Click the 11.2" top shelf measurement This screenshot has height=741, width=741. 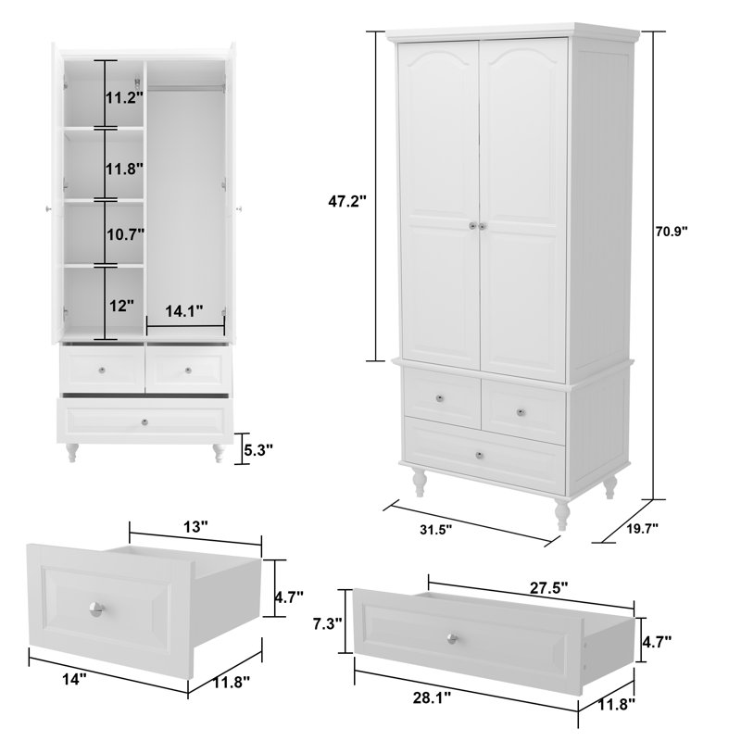pos(121,97)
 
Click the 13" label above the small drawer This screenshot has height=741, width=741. pos(195,525)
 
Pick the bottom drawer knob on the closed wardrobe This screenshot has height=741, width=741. pos(478,455)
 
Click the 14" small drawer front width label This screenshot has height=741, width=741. pos(74,678)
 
